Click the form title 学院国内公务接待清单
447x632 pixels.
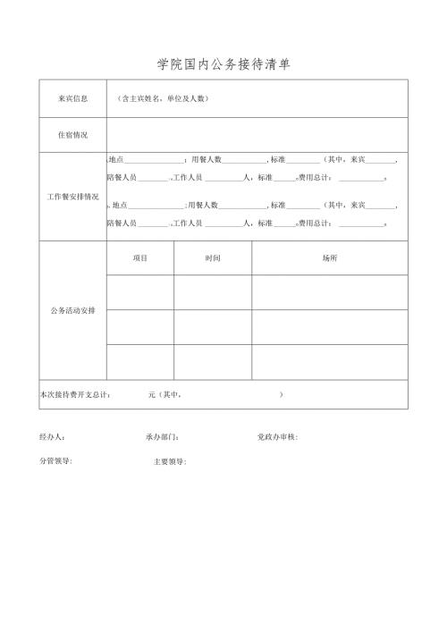(x=223, y=64)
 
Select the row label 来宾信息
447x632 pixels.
(x=72, y=98)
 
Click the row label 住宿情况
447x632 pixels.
(x=72, y=135)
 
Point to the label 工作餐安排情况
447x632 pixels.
(x=72, y=196)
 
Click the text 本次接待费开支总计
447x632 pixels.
(x=75, y=394)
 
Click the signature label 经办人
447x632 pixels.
(x=52, y=437)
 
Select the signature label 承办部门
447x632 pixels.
(x=162, y=437)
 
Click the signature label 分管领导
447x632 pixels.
(x=55, y=461)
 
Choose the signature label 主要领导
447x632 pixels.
(x=170, y=461)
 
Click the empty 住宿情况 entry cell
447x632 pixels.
(x=257, y=135)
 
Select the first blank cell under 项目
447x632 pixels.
(x=139, y=291)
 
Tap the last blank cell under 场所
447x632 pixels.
(x=330, y=361)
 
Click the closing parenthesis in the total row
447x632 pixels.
(x=282, y=394)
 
